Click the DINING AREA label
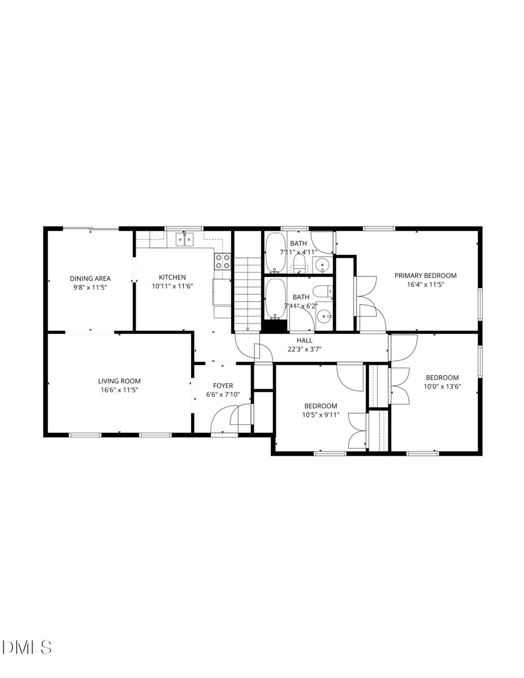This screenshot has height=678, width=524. click(90, 278)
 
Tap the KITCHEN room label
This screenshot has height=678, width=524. click(173, 277)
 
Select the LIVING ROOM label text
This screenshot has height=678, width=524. click(119, 381)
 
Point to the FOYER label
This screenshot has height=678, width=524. click(223, 385)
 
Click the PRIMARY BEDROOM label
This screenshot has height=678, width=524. click(426, 275)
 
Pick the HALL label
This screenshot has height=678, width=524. click(305, 340)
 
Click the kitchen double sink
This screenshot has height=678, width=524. click(185, 239)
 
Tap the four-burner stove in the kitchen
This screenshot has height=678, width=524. click(222, 261)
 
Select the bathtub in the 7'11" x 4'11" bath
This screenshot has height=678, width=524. click(275, 253)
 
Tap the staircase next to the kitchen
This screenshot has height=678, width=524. click(247, 294)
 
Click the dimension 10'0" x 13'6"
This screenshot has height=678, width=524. click(442, 386)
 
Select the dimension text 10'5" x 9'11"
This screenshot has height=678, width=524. click(320, 415)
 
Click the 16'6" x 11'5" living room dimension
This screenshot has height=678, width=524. click(119, 390)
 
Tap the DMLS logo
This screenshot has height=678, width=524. click(27, 647)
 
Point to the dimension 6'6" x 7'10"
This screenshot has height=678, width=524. click(223, 395)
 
